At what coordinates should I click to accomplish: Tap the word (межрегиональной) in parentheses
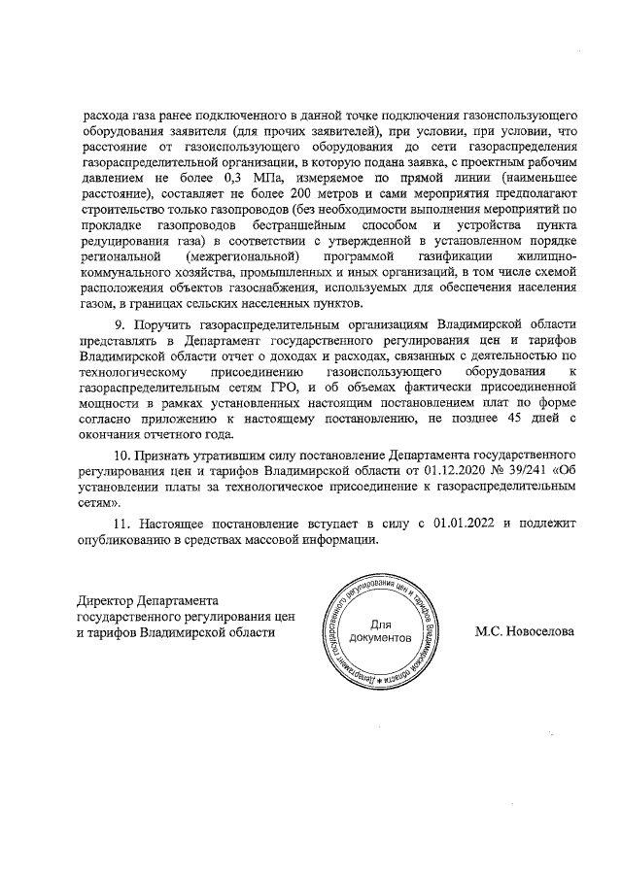tap(234, 255)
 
